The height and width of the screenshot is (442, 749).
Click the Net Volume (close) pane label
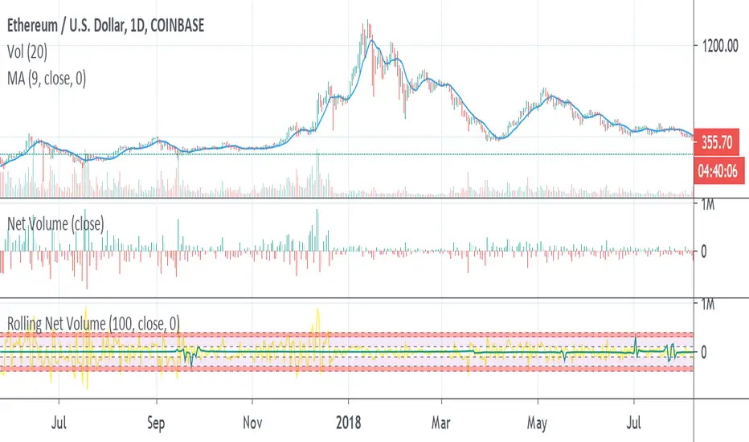tap(55, 224)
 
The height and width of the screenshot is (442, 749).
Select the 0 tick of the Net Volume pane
tap(704, 252)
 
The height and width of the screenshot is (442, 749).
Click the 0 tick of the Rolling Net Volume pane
tap(704, 352)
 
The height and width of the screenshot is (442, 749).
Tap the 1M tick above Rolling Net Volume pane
tap(708, 305)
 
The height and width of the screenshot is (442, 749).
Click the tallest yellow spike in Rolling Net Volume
tap(319, 309)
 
